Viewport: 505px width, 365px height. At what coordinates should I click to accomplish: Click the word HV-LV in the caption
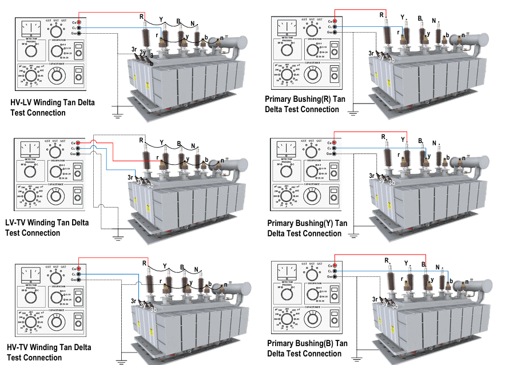coord(23,102)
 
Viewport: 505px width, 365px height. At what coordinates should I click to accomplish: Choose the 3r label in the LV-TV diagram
coord(132,178)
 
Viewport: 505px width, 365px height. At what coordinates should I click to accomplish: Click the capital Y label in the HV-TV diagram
coord(166,266)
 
